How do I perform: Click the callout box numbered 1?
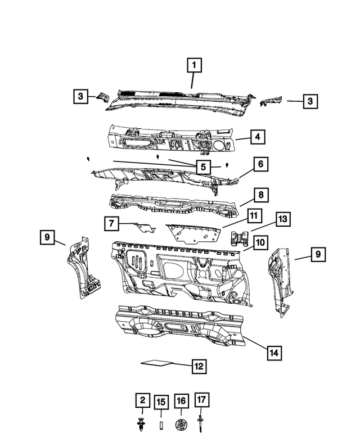[194, 65]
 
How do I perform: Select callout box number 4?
[258, 137]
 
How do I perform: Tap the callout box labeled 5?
[203, 167]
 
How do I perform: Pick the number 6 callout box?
[261, 164]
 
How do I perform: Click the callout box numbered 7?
[111, 223]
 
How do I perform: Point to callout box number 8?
[261, 195]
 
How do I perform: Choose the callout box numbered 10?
[260, 242]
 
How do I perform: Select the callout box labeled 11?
[254, 216]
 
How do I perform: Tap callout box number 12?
[199, 366]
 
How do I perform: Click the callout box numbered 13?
[283, 219]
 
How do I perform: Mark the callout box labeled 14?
[274, 353]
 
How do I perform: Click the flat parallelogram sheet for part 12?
[156, 363]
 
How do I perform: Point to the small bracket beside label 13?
[240, 238]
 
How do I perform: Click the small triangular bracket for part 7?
[146, 228]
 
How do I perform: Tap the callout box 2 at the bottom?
[143, 400]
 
